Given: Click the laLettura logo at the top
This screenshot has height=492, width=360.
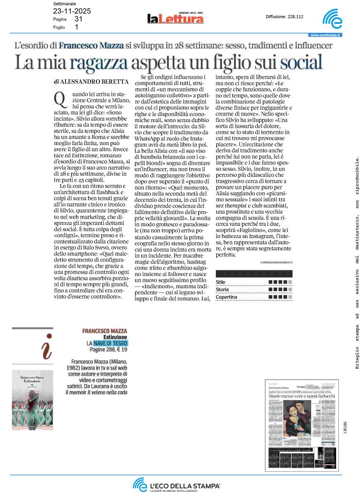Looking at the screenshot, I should tap(175, 18).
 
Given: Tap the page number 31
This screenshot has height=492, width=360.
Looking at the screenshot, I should tap(78, 19).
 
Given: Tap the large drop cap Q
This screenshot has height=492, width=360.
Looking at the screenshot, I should tap(59, 99).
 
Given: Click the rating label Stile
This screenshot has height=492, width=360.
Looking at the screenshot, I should tap(221, 282).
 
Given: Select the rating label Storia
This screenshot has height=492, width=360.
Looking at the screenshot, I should tap(222, 289).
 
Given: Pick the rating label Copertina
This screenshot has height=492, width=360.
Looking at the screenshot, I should tap(226, 297).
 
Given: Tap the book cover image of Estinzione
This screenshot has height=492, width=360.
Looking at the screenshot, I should tap(32, 400).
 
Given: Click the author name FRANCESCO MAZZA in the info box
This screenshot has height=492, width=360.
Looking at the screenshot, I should tap(104, 331).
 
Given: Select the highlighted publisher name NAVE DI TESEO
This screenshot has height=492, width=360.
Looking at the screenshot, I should tap(110, 344).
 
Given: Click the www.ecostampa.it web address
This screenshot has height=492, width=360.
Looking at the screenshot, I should tap(325, 35).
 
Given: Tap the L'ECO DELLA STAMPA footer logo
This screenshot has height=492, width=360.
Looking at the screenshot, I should tap(176, 484).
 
